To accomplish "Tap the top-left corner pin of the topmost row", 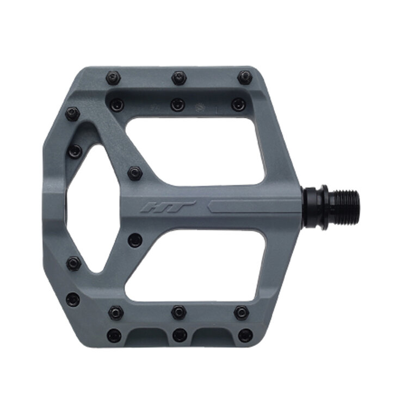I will pos(113,77).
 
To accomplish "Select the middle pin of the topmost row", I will pos(179,77).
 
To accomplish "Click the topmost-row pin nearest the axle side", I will pos(245,77).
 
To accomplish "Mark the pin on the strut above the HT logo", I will pos(135,174).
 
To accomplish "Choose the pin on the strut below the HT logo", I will pos(135,240).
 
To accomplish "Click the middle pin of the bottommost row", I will pos(180,335).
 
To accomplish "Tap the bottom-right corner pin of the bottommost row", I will pos(245,335).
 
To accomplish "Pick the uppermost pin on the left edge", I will pos(72,114).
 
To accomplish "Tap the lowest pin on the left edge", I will pos(72,299).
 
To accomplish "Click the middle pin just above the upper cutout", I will pos(178,104).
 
